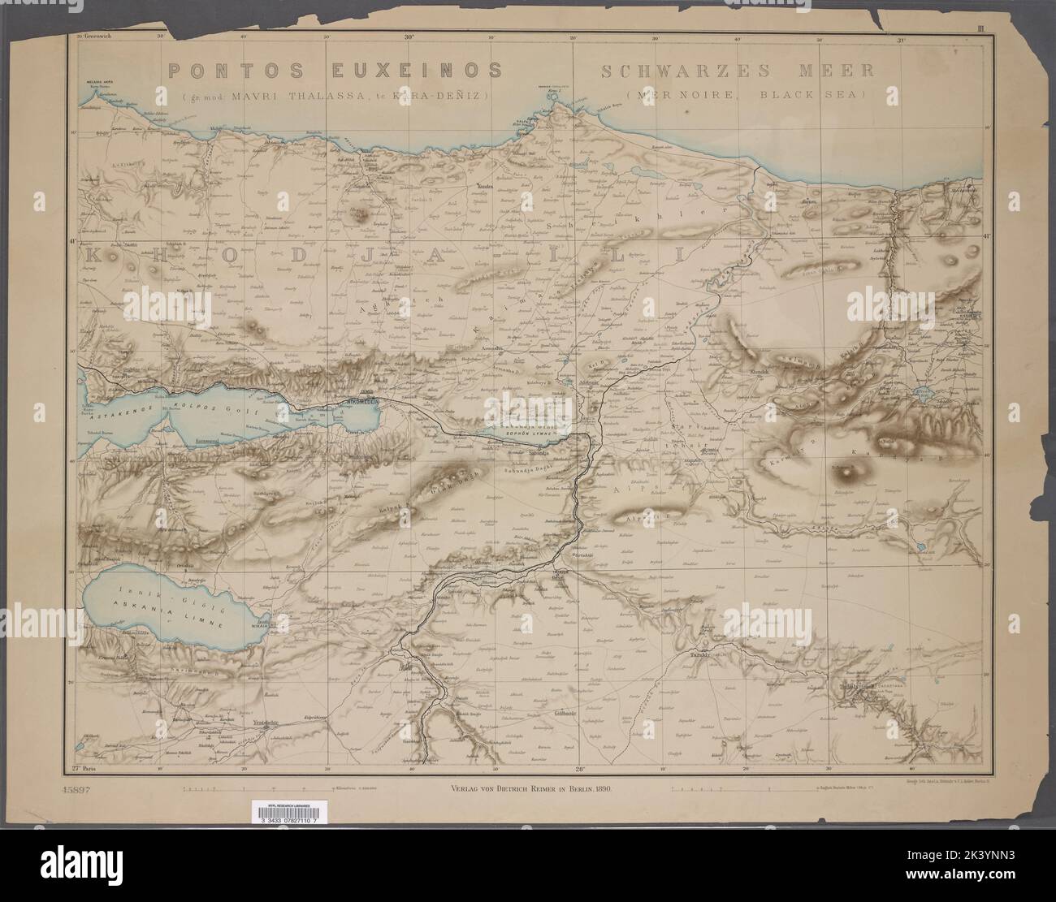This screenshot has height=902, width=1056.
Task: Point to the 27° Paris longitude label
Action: (83, 766)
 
